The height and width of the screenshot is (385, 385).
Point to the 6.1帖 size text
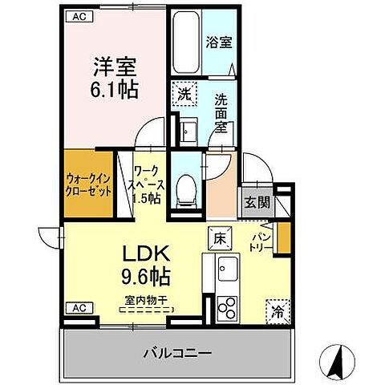112,87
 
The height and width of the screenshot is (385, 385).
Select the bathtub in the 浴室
184,42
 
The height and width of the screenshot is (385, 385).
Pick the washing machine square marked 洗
184,93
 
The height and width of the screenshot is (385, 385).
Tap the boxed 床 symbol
220,237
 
